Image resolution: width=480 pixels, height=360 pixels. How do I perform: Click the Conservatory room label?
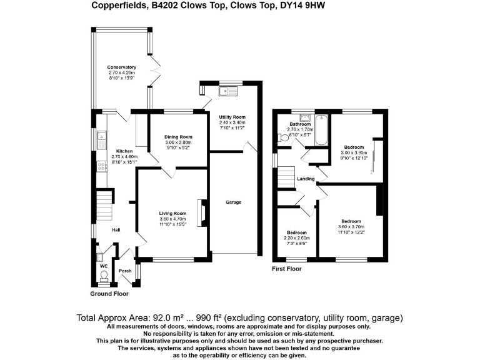point(121,67)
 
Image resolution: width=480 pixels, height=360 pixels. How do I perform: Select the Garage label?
point(233,202)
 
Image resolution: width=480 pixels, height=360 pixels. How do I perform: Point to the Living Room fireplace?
point(201,212)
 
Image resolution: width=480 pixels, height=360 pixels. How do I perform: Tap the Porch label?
point(124,271)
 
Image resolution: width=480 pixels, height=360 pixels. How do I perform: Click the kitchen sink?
point(100,137)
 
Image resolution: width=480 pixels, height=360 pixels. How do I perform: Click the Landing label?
point(306,179)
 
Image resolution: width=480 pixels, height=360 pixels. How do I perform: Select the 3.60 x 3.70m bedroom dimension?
point(351,227)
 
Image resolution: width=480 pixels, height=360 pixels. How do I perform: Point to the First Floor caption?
point(286,269)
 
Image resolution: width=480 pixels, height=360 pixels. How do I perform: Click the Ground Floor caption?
point(110,293)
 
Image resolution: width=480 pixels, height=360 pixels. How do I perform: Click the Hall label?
point(116,230)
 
